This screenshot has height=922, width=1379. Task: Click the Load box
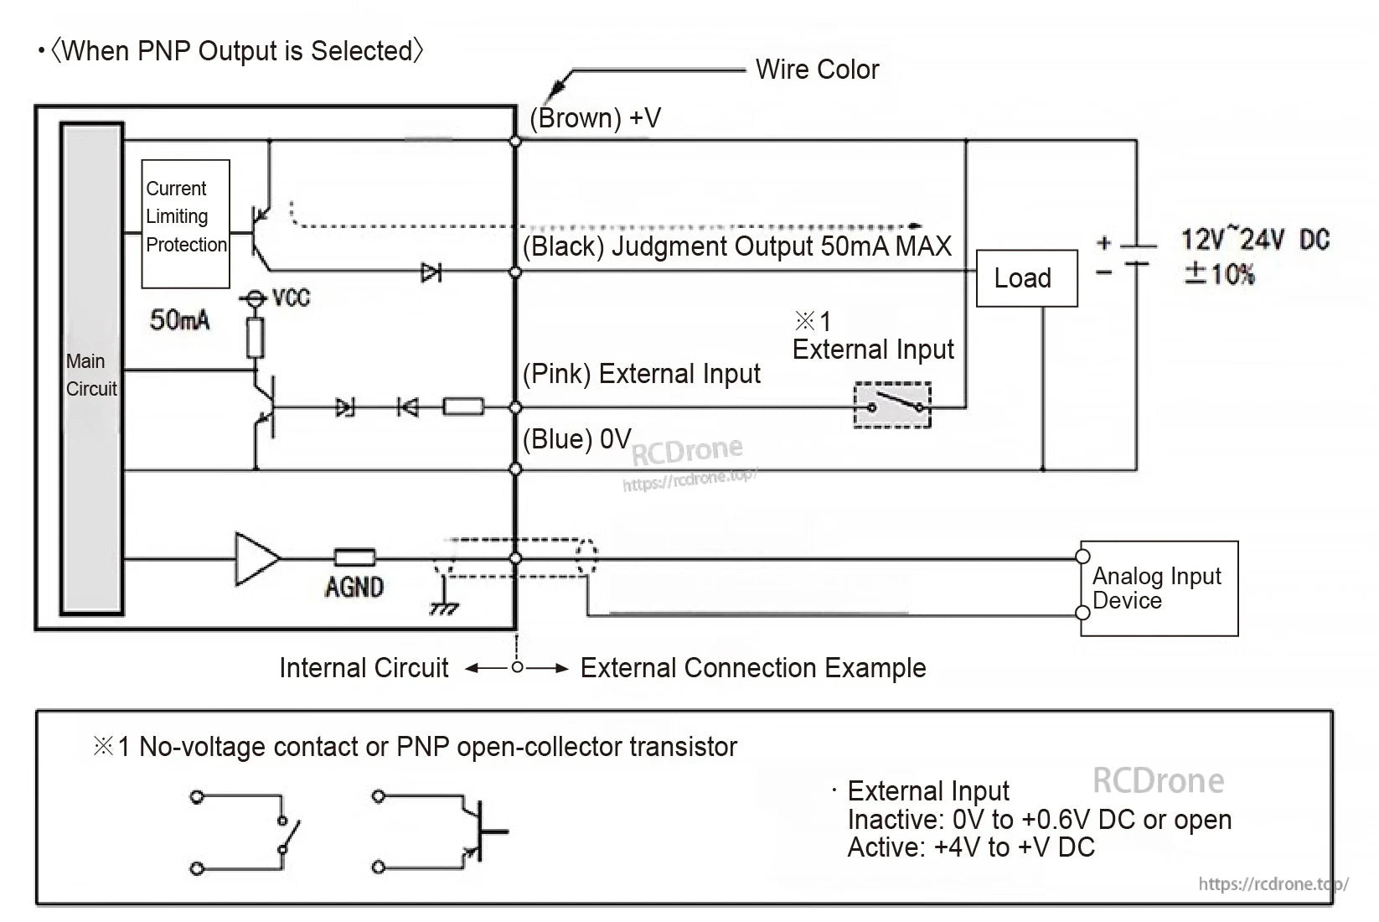pos(1026,278)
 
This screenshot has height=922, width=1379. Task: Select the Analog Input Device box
pos(1158,588)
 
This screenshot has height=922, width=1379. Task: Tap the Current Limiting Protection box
pos(185,223)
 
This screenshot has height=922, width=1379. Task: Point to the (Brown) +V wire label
pos(595,118)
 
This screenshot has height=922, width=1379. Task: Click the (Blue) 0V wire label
pos(576,439)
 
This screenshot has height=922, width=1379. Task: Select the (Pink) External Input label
pos(641,374)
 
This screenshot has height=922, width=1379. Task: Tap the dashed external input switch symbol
pos(892,405)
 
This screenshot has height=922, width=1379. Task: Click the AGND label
pos(354,587)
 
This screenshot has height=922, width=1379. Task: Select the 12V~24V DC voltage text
pos(1255,240)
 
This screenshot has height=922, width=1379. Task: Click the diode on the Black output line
pos(431,272)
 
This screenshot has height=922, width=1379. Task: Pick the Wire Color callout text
pos(817,70)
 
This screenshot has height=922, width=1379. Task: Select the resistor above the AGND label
pos(354,558)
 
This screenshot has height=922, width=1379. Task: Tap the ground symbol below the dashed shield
pos(444,605)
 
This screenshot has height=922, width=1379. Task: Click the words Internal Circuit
pos(364,668)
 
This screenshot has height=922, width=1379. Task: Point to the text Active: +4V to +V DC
pos(971,847)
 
